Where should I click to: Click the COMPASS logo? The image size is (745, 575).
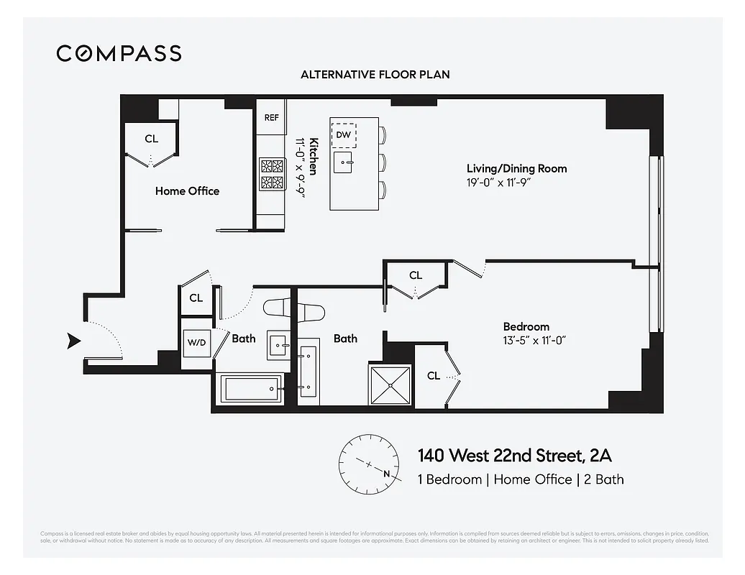(x=119, y=53)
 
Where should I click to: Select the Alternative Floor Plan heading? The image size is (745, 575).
(x=375, y=75)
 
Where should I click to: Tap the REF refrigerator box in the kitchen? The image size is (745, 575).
(x=271, y=117)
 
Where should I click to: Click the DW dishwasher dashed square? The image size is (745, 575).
(x=344, y=134)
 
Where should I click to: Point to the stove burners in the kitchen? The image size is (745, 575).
(x=272, y=173)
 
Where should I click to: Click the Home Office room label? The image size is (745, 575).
(x=187, y=191)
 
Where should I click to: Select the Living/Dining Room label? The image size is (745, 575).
(x=516, y=169)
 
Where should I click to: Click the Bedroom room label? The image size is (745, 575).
(x=526, y=326)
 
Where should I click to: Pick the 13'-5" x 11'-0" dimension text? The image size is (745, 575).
(x=535, y=340)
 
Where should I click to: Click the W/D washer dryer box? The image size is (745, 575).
(x=196, y=343)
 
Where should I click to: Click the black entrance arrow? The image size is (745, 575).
(x=73, y=341)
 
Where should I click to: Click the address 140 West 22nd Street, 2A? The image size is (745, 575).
(x=515, y=456)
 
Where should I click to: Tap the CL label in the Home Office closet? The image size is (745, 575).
(x=151, y=139)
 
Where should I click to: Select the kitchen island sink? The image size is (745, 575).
(x=347, y=162)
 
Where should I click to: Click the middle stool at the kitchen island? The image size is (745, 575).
(x=383, y=162)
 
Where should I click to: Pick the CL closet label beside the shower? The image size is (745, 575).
(x=433, y=376)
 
